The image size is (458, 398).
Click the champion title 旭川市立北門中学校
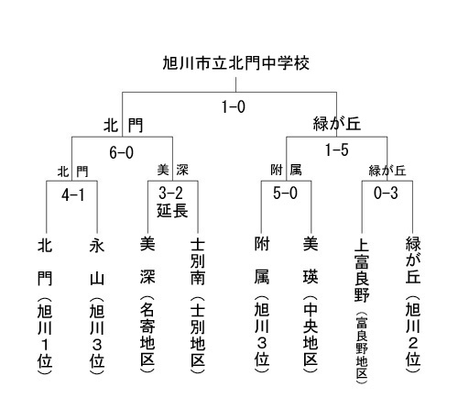click(x=235, y=63)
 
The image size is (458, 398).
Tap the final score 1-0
click(x=234, y=107)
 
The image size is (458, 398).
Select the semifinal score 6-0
click(x=122, y=152)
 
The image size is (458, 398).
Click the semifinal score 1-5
click(x=336, y=150)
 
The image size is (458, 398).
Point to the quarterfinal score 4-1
click(x=72, y=194)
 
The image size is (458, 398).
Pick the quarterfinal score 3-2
click(x=170, y=193)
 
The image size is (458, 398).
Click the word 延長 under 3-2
click(x=172, y=211)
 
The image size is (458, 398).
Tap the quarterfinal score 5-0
click(x=285, y=193)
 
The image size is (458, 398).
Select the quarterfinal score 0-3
click(x=386, y=193)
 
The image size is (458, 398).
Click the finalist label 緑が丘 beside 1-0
click(x=337, y=124)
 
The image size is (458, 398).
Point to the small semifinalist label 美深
click(x=173, y=170)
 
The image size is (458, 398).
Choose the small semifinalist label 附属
click(x=286, y=170)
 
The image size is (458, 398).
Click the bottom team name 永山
click(x=97, y=262)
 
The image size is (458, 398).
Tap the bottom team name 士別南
click(x=198, y=262)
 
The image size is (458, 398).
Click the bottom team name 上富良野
click(x=362, y=271)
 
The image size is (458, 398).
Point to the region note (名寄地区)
click(x=147, y=334)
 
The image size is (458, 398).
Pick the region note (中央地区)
click(x=311, y=334)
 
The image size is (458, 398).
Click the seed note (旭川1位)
click(x=45, y=336)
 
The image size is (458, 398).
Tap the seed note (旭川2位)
click(x=413, y=334)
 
